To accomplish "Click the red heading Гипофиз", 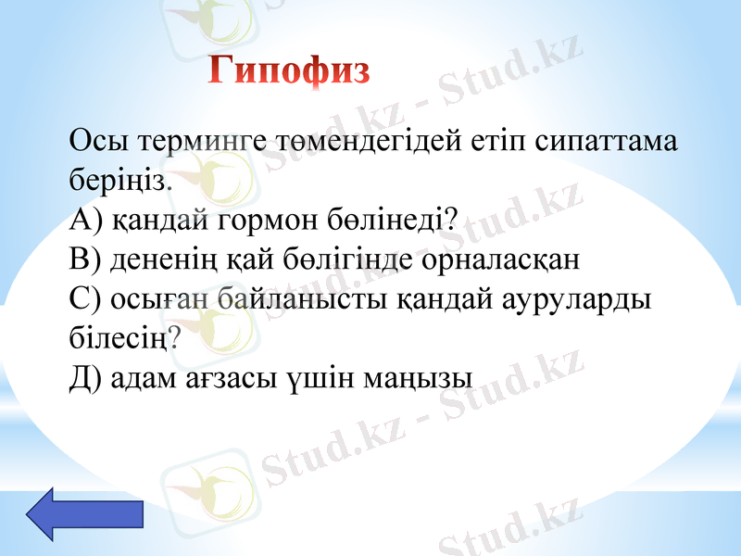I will coord(290,69).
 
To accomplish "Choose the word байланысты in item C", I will coord(301,299).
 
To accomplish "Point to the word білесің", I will coord(119,337).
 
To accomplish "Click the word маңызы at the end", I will coord(421,377).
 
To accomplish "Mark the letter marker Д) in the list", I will coord(86,377).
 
